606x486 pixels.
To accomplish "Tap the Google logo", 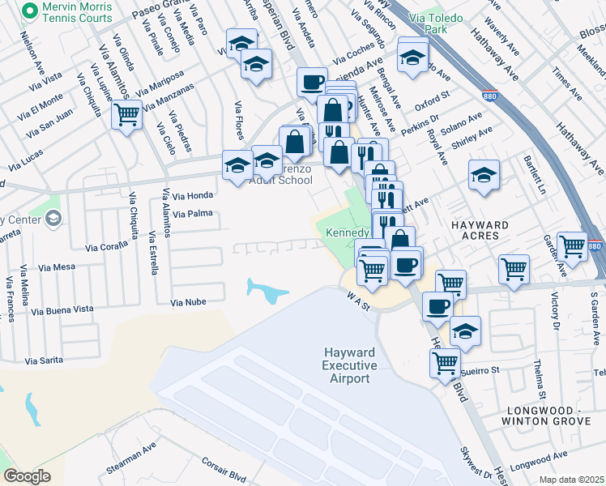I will point(28,476).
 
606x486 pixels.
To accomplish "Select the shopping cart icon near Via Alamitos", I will point(126,116).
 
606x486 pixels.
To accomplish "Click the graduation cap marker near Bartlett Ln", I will point(483,174).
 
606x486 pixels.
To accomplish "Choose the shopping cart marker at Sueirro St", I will point(445,362).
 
